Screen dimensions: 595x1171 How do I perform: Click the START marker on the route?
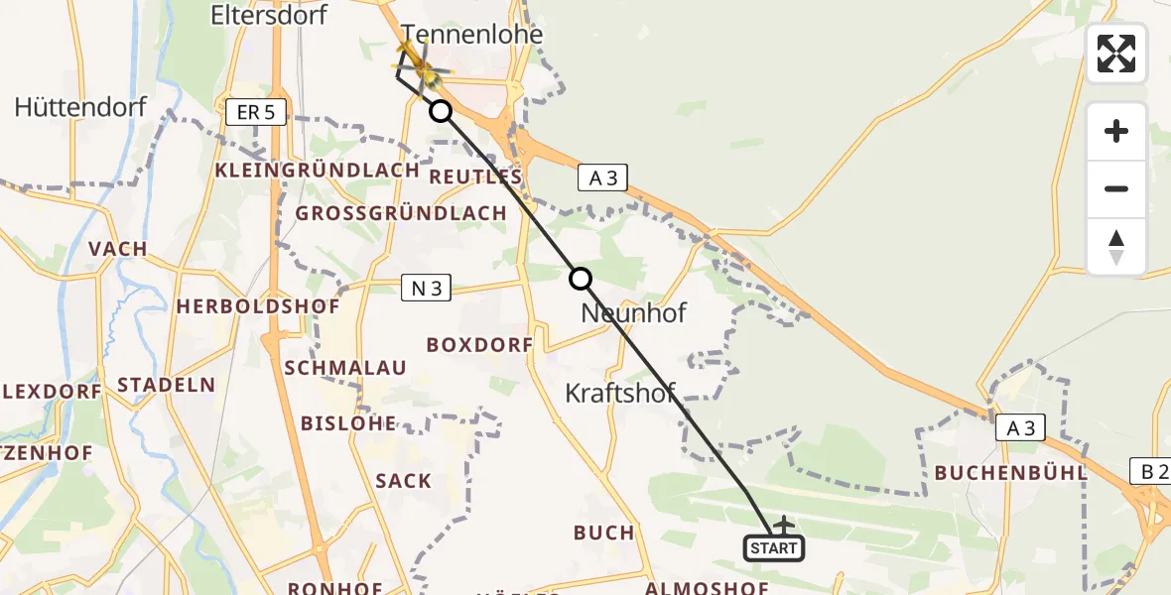774,547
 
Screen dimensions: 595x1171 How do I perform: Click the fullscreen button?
1116,53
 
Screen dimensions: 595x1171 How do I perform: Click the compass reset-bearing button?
1116,247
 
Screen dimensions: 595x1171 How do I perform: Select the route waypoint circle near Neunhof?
581,280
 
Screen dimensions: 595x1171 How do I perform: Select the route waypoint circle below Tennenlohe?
441,111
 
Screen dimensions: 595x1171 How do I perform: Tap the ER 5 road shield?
256,113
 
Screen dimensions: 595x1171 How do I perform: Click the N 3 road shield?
427,289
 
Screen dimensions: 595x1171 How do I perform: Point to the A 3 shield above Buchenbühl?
1021,427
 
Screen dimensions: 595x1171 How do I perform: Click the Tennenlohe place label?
472,35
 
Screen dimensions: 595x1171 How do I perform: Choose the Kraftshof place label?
620,393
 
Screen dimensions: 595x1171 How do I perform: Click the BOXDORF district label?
480,345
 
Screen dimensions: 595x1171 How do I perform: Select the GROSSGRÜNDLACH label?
402,213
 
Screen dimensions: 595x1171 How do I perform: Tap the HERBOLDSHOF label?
258,306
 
